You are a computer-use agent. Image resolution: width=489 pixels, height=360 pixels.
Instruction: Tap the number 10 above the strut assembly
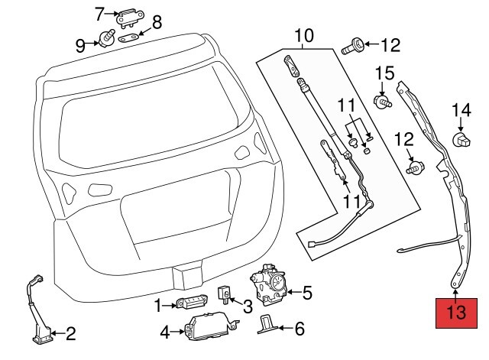(303, 35)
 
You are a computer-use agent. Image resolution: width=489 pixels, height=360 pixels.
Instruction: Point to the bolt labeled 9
(106, 37)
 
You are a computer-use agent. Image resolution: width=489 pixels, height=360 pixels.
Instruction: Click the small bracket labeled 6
(266, 324)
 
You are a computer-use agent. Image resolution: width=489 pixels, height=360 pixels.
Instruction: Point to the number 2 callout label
(70, 333)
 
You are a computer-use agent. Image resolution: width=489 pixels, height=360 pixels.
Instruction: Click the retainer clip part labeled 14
(461, 138)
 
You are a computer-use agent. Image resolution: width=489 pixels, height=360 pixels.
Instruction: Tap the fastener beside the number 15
(381, 101)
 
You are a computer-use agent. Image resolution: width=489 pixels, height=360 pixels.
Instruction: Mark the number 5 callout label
(307, 292)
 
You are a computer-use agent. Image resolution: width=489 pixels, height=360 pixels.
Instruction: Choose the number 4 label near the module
(165, 332)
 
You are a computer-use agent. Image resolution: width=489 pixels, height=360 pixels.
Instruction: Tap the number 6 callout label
(300, 329)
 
